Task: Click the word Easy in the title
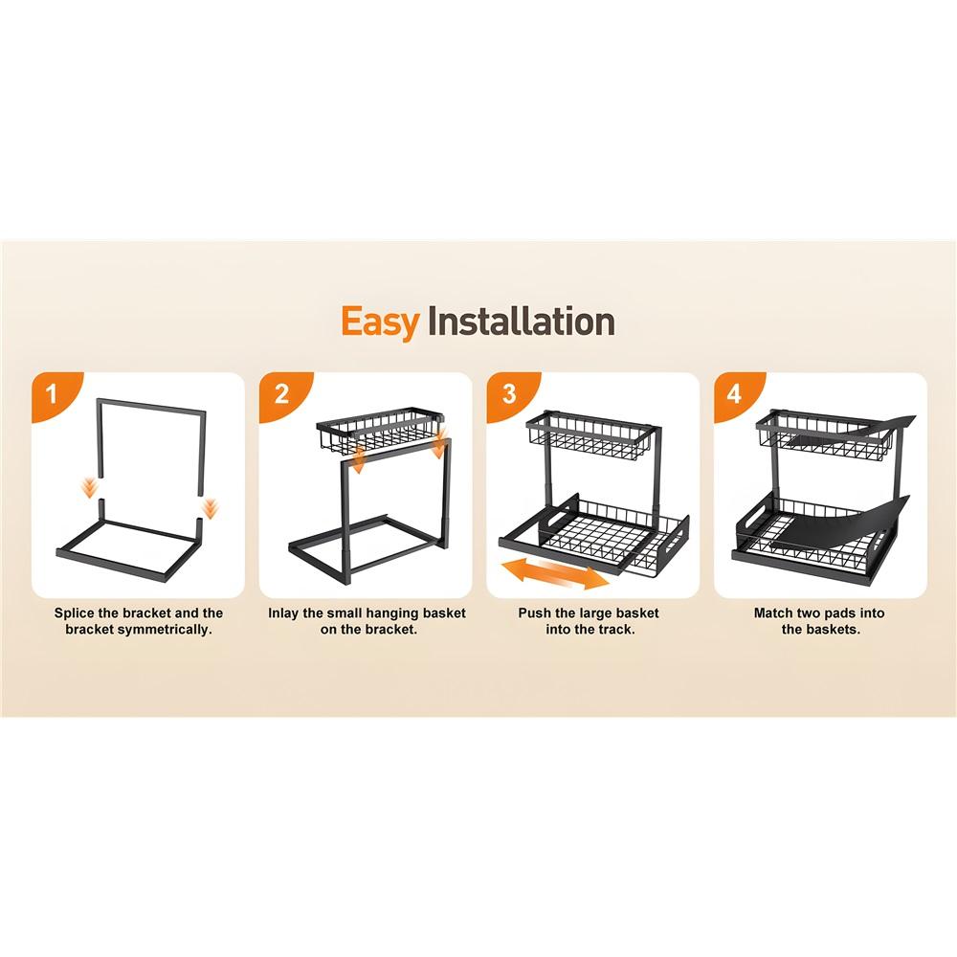pos(380,322)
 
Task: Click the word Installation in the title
pos(521,321)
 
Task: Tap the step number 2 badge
pos(281,394)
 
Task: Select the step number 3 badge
pos(509,394)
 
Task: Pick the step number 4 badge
pos(734,394)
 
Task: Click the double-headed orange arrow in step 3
pos(554,573)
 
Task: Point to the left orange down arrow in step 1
pos(90,488)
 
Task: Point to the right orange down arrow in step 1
pos(211,508)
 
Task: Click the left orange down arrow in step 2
pos(359,458)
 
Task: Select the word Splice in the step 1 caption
pos(75,613)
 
